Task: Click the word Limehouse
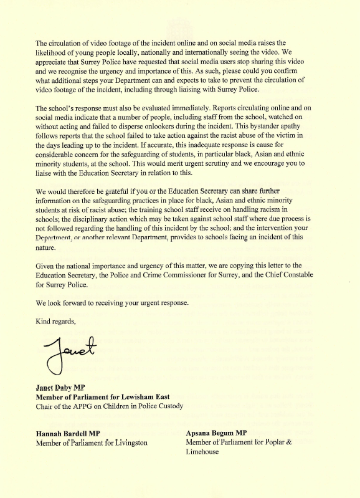205,453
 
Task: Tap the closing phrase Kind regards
56,321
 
